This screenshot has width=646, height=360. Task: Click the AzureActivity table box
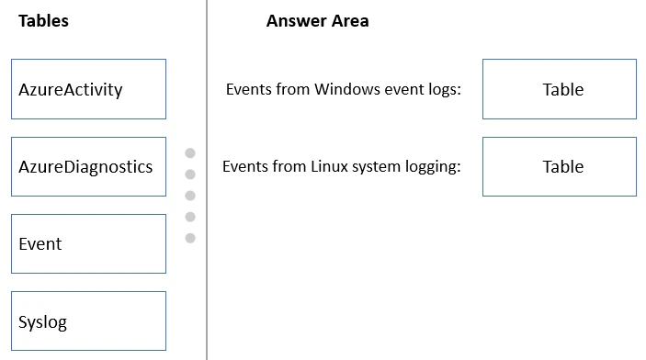[x=88, y=89]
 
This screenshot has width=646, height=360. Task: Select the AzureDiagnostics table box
[x=88, y=166]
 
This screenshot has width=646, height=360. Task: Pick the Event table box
[x=88, y=243]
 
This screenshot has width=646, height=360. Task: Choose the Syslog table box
[x=88, y=321]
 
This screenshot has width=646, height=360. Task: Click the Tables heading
[x=43, y=21]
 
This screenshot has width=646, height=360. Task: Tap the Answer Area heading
[x=317, y=21]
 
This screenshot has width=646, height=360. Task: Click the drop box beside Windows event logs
[x=559, y=89]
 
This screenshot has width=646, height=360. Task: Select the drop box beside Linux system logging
[x=559, y=166]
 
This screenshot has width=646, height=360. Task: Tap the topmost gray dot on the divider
[x=190, y=153]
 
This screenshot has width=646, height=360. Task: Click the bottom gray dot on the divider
[x=190, y=238]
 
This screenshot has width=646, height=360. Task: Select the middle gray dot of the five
[x=190, y=196]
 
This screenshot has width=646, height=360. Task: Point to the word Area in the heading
[x=351, y=21]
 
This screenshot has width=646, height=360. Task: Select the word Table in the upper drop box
[x=562, y=89]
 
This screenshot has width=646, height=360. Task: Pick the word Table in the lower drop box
[x=562, y=166]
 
